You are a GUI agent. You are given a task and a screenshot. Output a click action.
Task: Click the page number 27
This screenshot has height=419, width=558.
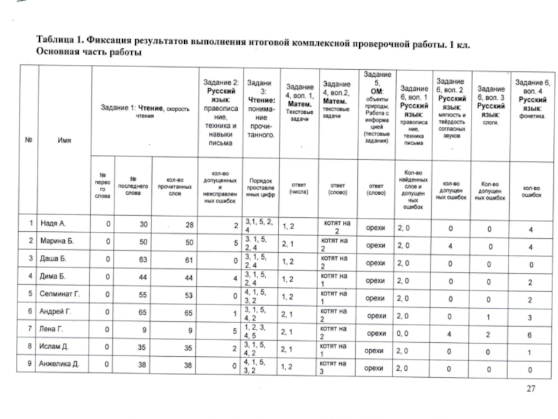point(529,388)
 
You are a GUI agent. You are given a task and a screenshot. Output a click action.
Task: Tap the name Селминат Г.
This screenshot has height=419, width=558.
point(63,294)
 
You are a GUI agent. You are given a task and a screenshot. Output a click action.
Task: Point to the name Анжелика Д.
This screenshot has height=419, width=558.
point(63,365)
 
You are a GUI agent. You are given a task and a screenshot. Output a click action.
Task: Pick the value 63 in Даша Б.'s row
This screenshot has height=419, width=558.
point(144,260)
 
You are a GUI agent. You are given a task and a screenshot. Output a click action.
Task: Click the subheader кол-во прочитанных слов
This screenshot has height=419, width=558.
point(174,186)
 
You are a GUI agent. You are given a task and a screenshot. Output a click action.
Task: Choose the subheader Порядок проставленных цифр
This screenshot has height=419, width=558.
point(259,186)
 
